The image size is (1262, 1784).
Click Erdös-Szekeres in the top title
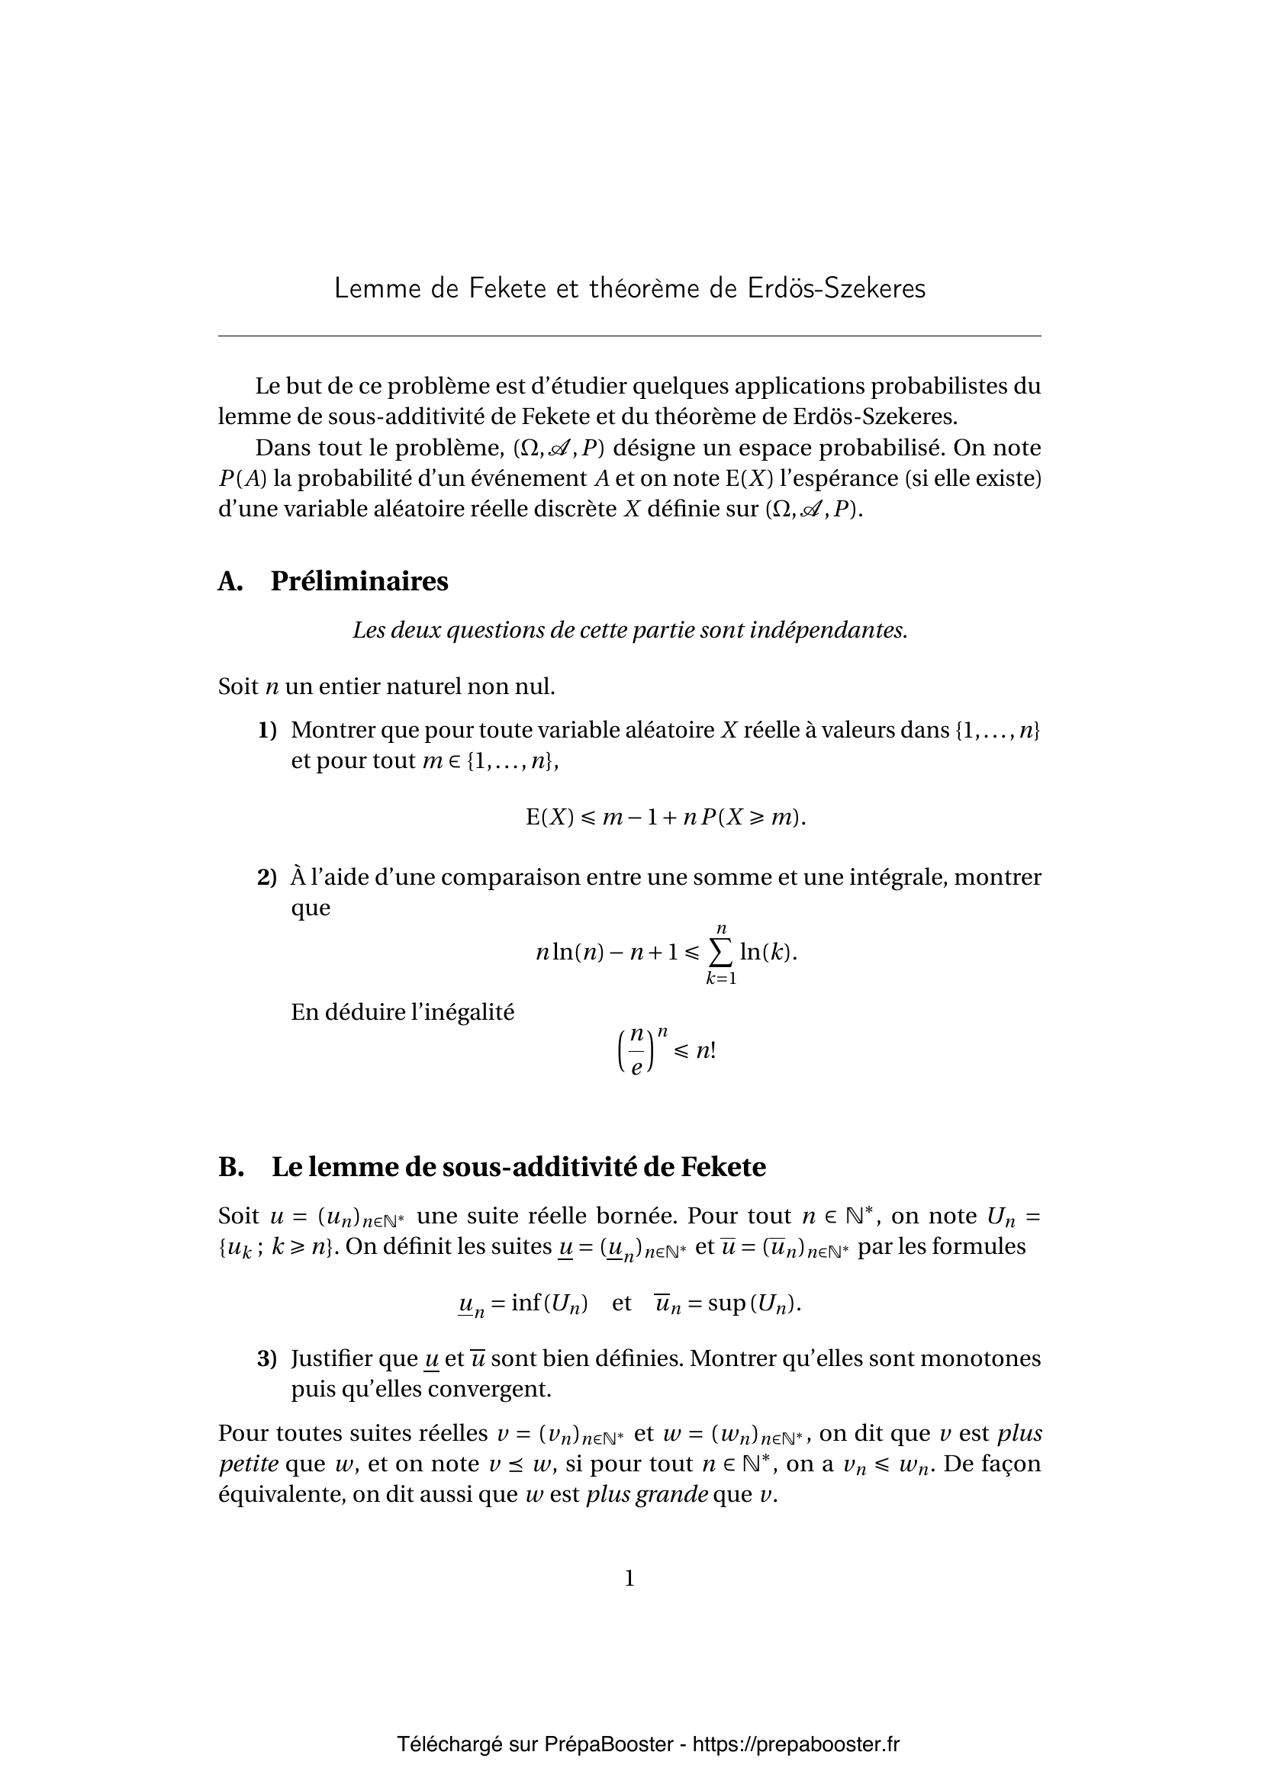[837, 288]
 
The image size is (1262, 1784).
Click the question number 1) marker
[267, 731]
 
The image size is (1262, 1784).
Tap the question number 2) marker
[267, 878]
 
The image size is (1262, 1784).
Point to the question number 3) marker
[267, 1359]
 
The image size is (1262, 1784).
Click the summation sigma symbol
[721, 952]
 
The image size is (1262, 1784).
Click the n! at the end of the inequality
[706, 1050]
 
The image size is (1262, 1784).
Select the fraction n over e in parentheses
[636, 1051]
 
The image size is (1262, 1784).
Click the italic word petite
[249, 1464]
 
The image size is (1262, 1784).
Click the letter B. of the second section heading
[230, 1167]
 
